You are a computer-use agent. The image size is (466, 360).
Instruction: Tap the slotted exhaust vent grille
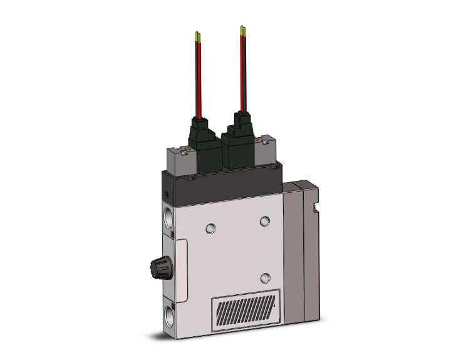click(244, 310)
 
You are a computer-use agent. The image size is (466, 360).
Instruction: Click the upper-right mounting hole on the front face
click(266, 220)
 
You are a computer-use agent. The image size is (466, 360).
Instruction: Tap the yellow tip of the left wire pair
click(198, 37)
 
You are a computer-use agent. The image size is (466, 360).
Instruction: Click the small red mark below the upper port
click(172, 235)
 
